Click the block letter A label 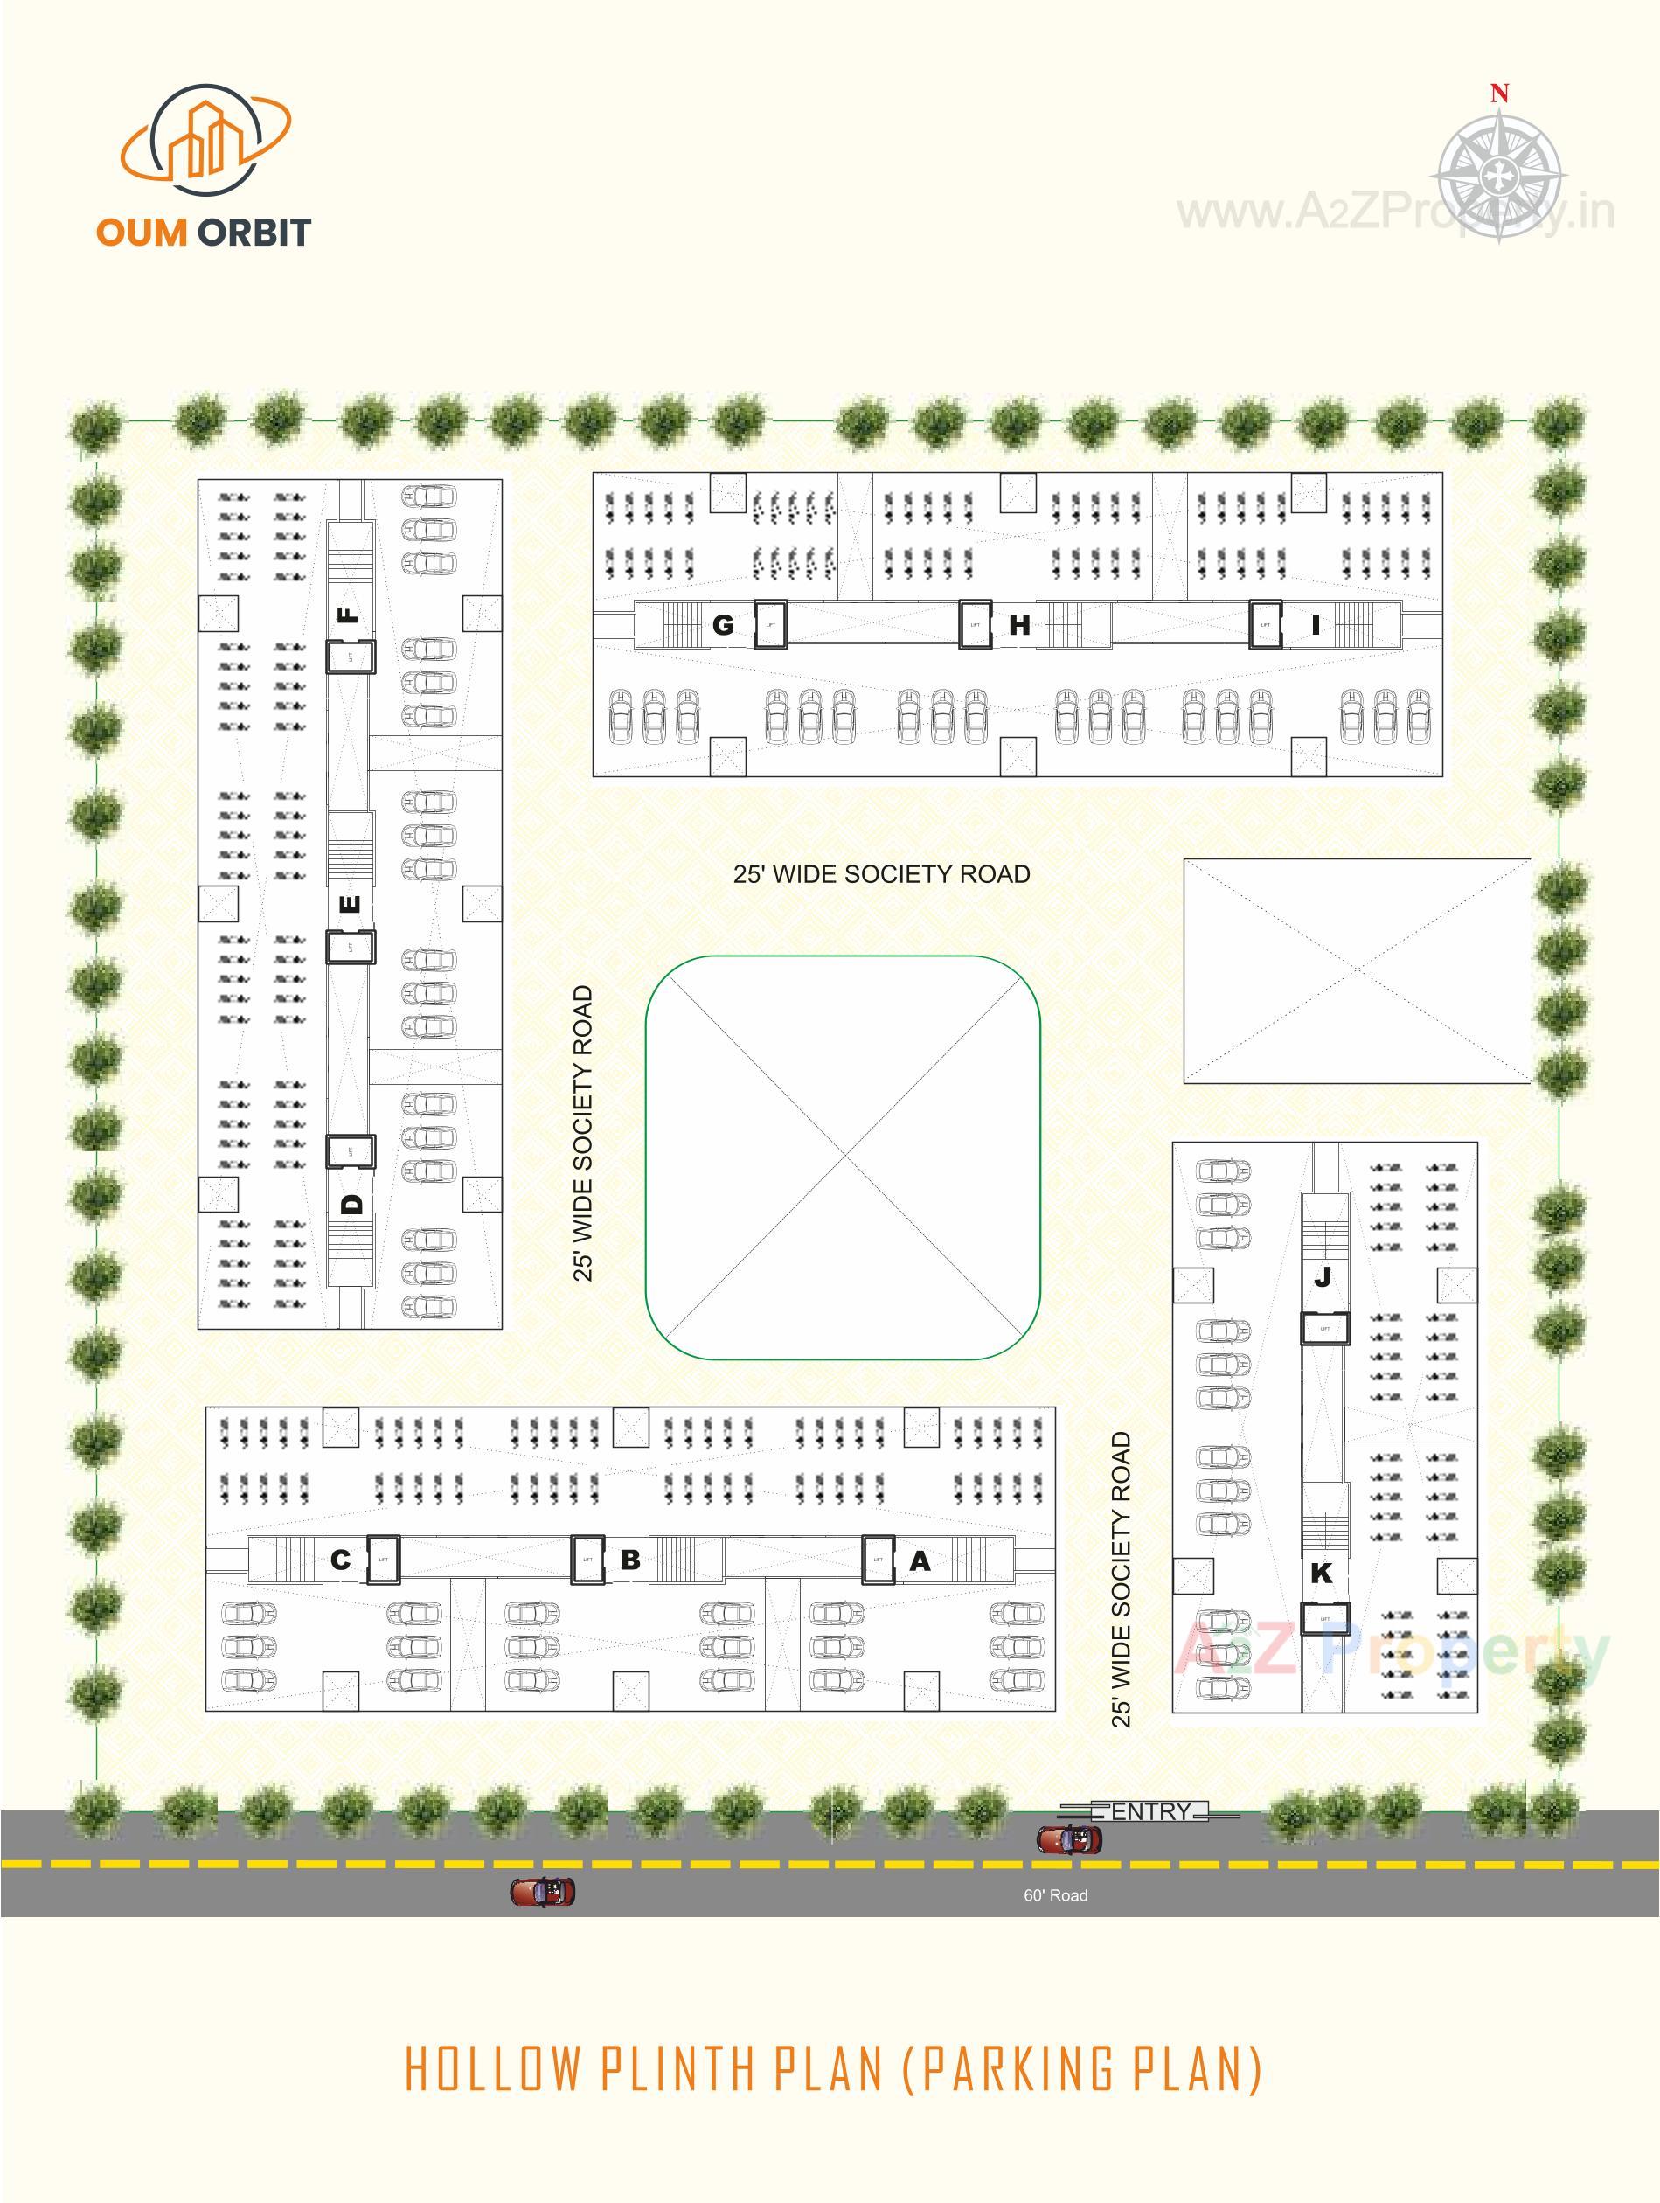pyautogui.click(x=919, y=1560)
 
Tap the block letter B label pyautogui.click(x=629, y=1560)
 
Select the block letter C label pyautogui.click(x=341, y=1560)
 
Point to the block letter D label pyautogui.click(x=351, y=1204)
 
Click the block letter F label pyautogui.click(x=349, y=615)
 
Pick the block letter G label pyautogui.click(x=723, y=625)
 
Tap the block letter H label pyautogui.click(x=1018, y=625)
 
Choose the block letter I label pyautogui.click(x=1316, y=625)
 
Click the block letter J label pyautogui.click(x=1323, y=1277)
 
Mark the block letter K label pyautogui.click(x=1322, y=1574)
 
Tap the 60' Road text pyautogui.click(x=1056, y=1895)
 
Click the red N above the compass pyautogui.click(x=1498, y=94)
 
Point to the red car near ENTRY pyautogui.click(x=1069, y=1838)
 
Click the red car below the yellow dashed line pyautogui.click(x=543, y=1891)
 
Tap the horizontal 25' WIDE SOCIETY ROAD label pyautogui.click(x=881, y=874)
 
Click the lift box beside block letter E pyautogui.click(x=351, y=947)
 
